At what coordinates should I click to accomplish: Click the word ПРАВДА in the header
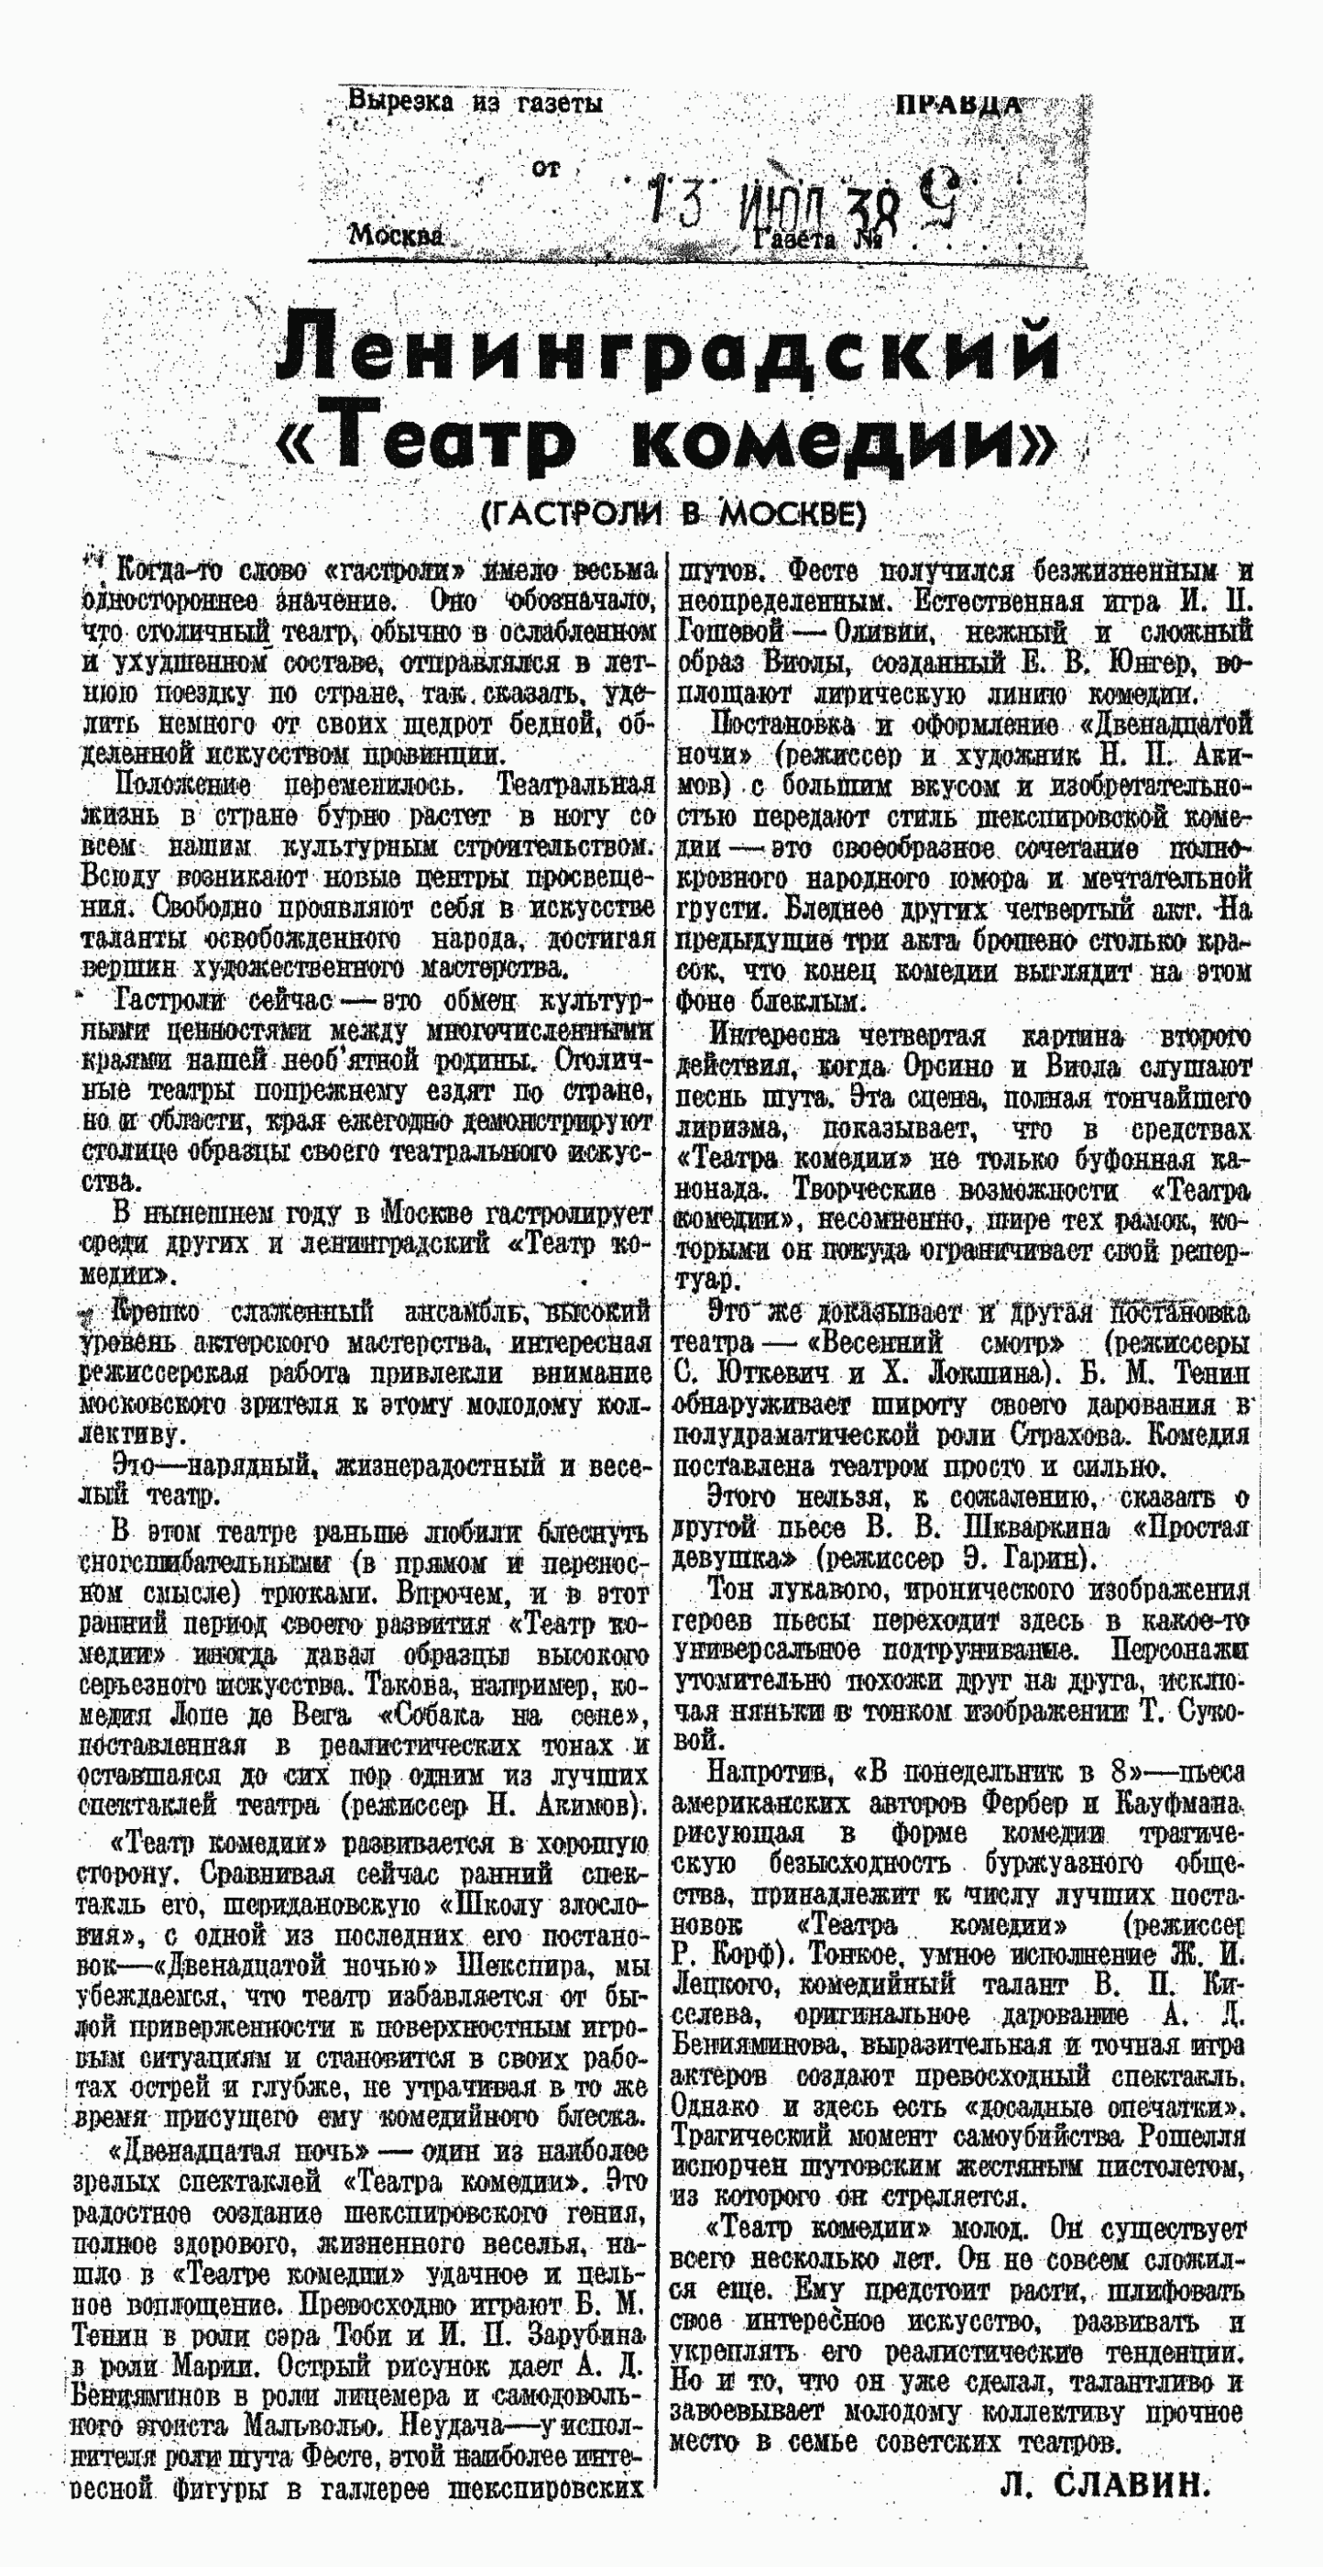(x=958, y=105)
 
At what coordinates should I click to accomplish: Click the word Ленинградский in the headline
(x=666, y=353)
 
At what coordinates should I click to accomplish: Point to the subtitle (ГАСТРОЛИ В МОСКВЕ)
(x=672, y=513)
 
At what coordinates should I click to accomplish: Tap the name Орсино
(x=946, y=1067)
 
